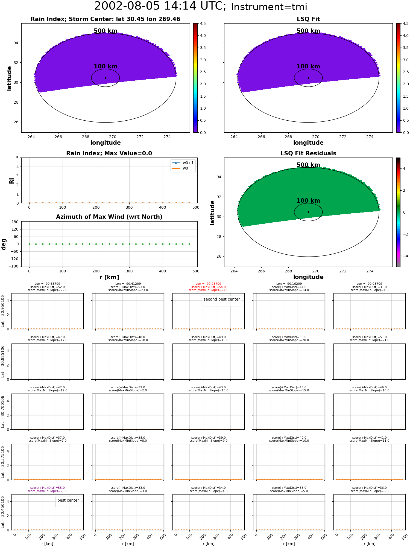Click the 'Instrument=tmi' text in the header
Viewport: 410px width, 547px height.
point(269,7)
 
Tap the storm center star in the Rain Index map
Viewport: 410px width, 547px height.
point(106,78)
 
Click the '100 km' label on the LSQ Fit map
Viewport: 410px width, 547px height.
point(308,66)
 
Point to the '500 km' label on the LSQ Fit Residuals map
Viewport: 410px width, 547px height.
point(308,165)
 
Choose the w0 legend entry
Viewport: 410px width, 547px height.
point(180,168)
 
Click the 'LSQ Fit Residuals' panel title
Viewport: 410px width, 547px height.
point(308,153)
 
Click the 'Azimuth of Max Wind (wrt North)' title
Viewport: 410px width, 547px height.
point(109,217)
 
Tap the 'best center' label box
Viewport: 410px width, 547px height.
point(68,500)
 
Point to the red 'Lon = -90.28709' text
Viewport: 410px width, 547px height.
point(208,284)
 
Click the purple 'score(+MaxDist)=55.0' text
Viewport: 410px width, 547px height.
point(48,488)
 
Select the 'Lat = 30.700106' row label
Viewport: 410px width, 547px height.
point(3,412)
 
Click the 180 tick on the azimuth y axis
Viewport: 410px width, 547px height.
point(16,222)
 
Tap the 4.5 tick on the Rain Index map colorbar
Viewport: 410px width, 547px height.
point(203,24)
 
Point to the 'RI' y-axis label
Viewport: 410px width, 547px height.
point(12,181)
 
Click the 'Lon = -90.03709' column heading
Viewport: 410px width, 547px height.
point(369,284)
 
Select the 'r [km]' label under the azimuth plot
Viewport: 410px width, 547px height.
point(109,277)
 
